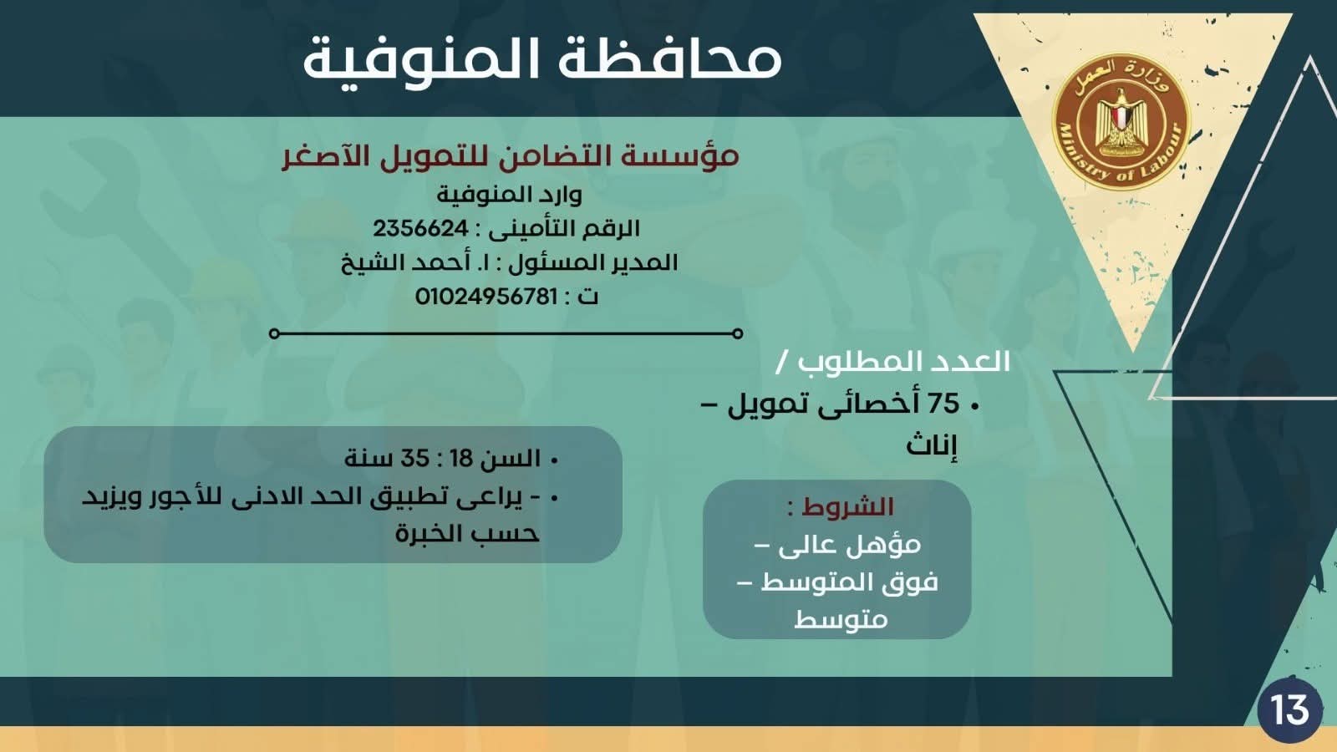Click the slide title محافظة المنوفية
tap(541, 58)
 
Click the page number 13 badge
tap(1289, 709)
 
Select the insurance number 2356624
tap(420, 228)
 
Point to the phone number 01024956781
tap(485, 297)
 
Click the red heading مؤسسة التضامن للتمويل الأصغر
tap(510, 156)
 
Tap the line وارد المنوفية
tap(509, 195)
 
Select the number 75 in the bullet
tap(943, 404)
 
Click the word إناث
tap(931, 445)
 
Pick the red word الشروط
tap(847, 507)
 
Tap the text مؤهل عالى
tap(849, 546)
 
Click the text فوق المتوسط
tap(849, 582)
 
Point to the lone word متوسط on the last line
tap(841, 619)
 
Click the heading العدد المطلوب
tap(903, 362)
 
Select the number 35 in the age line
tap(414, 459)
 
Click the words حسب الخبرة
tap(467, 534)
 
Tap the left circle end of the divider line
tap(275, 333)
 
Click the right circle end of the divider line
tap(737, 333)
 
